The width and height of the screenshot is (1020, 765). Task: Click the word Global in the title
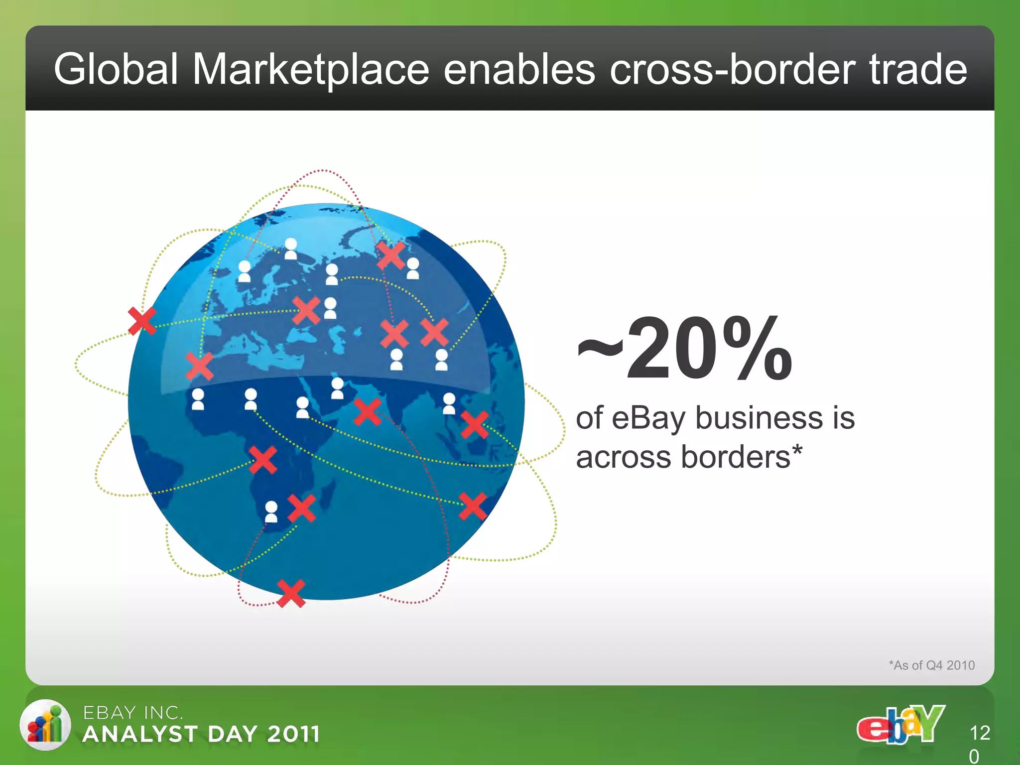tap(116, 69)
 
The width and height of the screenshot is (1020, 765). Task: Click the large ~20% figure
tap(685, 349)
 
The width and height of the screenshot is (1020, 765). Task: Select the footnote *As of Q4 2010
tap(931, 665)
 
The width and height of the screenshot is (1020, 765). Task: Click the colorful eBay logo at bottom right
tap(900, 725)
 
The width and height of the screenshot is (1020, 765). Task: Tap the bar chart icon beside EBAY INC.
tap(45, 725)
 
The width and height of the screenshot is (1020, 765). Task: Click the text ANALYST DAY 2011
tap(201, 734)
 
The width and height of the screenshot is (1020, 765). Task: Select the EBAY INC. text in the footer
tap(132, 713)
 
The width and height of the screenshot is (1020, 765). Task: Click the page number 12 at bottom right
tap(980, 733)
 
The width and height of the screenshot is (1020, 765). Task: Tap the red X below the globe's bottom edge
tap(291, 593)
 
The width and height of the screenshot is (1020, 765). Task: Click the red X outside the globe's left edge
tap(142, 321)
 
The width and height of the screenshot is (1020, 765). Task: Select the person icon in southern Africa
tap(271, 511)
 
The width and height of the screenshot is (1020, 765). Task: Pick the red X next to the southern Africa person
tap(301, 508)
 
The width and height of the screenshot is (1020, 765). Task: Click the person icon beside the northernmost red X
tap(413, 268)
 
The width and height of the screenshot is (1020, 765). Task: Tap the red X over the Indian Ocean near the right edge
tap(472, 507)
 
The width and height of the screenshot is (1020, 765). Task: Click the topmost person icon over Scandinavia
tap(291, 249)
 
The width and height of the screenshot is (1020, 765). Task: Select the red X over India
tap(368, 412)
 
